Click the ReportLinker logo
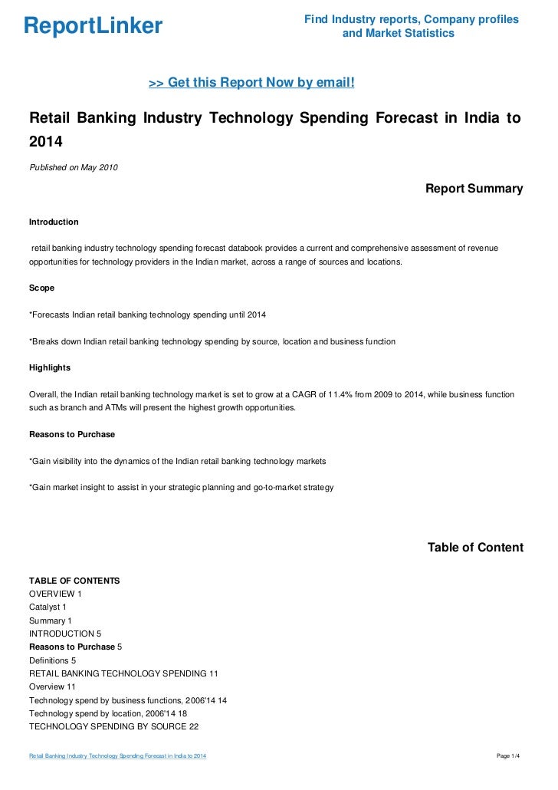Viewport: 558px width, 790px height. [94, 26]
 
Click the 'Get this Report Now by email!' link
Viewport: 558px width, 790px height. [251, 82]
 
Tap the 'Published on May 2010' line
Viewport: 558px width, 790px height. [73, 168]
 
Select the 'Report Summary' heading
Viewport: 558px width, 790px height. [474, 189]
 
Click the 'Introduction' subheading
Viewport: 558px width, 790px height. [54, 222]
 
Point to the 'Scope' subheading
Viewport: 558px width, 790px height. [41, 288]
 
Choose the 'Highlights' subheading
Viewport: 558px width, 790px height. [49, 367]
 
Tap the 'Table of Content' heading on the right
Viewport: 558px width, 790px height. [475, 548]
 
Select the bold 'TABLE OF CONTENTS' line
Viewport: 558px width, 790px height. [74, 581]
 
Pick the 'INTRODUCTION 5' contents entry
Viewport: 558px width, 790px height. [65, 634]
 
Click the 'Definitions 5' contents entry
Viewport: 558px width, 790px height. [53, 660]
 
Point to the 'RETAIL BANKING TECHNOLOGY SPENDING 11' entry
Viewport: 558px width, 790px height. [123, 673]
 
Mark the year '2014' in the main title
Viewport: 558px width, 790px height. [45, 143]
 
